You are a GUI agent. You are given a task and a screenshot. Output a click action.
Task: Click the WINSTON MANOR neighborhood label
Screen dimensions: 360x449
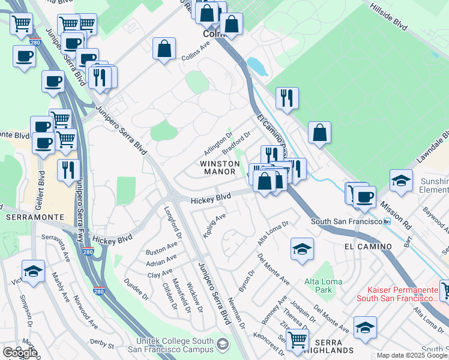pos(217,167)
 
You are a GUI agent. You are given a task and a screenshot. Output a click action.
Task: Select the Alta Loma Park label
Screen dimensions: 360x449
pos(323,286)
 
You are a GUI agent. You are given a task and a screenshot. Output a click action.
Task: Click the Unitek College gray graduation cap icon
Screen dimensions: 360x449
pos(223,344)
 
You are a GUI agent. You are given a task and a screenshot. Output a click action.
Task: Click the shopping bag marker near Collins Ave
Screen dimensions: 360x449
pos(164,49)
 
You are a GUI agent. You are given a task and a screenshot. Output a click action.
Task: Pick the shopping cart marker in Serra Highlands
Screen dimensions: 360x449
pos(297,339)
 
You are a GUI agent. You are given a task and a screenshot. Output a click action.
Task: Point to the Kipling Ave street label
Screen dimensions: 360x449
pos(214,224)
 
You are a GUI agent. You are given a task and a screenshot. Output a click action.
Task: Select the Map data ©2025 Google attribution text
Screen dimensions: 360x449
pos(411,355)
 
